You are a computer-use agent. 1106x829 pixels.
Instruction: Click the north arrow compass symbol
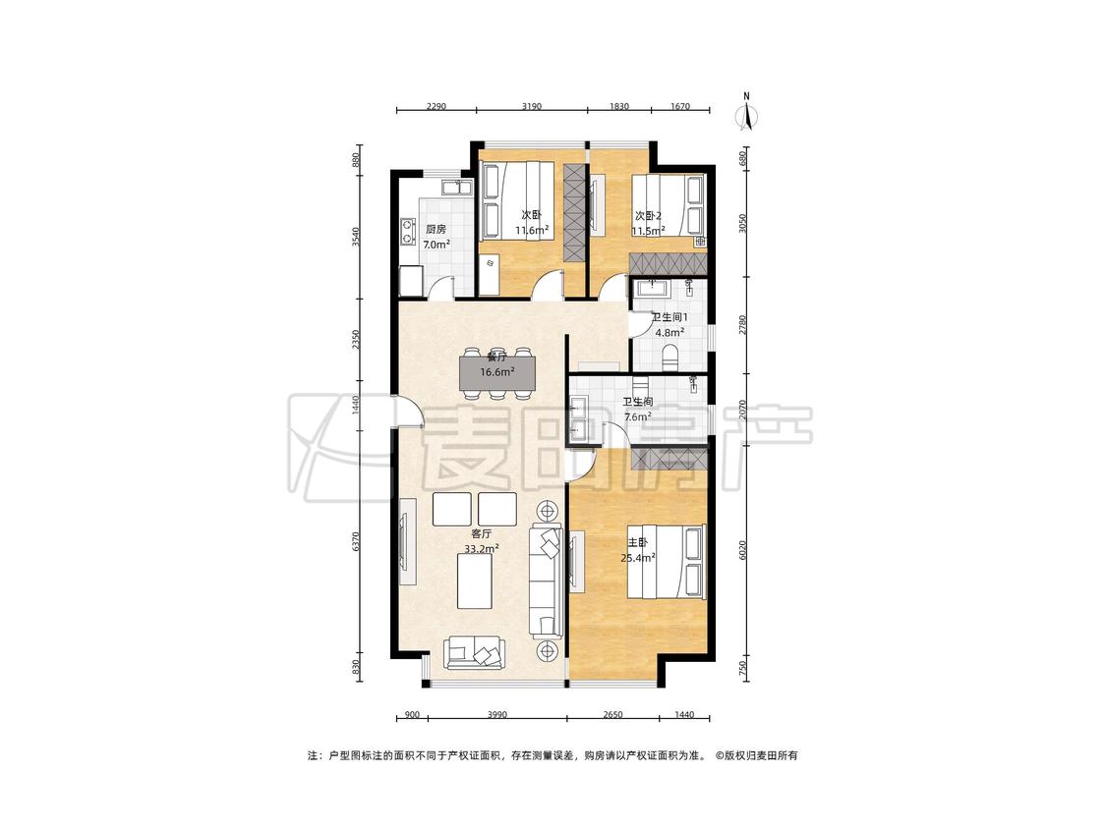[746, 113]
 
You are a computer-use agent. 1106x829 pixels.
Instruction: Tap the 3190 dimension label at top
[531, 106]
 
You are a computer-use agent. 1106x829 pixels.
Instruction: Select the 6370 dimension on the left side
[356, 542]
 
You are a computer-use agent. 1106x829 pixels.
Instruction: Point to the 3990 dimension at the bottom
[497, 715]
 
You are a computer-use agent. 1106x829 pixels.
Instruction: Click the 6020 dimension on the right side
[742, 551]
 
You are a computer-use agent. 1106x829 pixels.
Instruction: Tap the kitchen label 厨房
[436, 229]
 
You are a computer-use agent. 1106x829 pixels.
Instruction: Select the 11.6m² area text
[532, 231]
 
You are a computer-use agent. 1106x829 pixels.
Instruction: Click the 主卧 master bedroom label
[638, 542]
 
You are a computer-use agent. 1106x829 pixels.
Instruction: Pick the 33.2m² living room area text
[482, 548]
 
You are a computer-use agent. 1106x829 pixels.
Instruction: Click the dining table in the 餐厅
[497, 373]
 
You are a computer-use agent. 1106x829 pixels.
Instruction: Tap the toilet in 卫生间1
[669, 357]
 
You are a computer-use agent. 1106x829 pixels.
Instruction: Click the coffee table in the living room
[475, 581]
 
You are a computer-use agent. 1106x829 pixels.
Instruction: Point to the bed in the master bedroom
[668, 562]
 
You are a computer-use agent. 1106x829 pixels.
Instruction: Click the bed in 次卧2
[668, 205]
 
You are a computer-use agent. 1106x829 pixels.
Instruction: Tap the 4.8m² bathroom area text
[669, 333]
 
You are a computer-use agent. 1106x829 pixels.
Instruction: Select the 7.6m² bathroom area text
[638, 416]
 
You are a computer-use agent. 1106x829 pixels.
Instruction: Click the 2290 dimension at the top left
[436, 106]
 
